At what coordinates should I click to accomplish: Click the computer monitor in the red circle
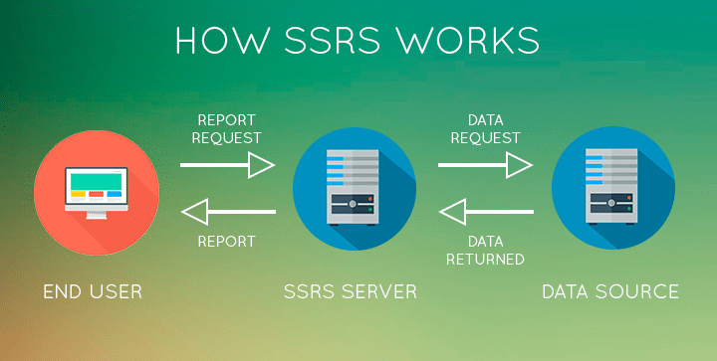click(x=94, y=186)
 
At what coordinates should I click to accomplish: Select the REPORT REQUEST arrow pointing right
click(x=228, y=165)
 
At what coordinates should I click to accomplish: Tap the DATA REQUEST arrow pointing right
click(x=486, y=165)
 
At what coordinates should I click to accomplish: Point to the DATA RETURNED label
click(x=485, y=250)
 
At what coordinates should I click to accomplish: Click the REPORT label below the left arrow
click(x=227, y=241)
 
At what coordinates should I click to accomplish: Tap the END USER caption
click(x=93, y=291)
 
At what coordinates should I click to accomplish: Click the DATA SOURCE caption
click(x=609, y=291)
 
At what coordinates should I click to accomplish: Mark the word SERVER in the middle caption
click(x=382, y=291)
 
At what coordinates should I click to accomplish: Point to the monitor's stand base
click(x=94, y=216)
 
